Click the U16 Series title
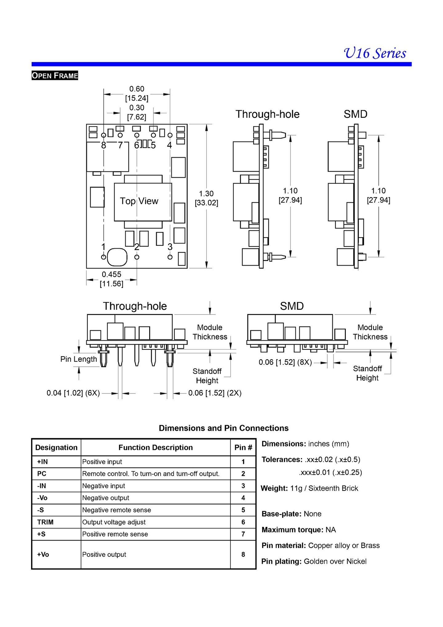[x=375, y=53]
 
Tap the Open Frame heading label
[x=55, y=75]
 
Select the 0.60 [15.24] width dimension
[x=137, y=94]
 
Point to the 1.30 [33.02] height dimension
[x=206, y=198]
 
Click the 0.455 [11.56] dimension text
[x=111, y=279]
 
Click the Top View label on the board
[x=139, y=201]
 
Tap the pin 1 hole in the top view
[x=104, y=257]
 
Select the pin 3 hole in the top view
[x=170, y=257]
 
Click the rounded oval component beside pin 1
[x=117, y=257]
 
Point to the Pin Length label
[x=78, y=359]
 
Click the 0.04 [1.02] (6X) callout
[x=73, y=393]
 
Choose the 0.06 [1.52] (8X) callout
[x=285, y=362]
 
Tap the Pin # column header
[x=243, y=447]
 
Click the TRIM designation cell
[x=45, y=522]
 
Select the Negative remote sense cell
[x=117, y=510]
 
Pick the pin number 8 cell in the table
[x=243, y=554]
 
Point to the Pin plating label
[x=281, y=561]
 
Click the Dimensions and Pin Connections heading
[x=224, y=428]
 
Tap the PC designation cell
[x=42, y=474]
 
